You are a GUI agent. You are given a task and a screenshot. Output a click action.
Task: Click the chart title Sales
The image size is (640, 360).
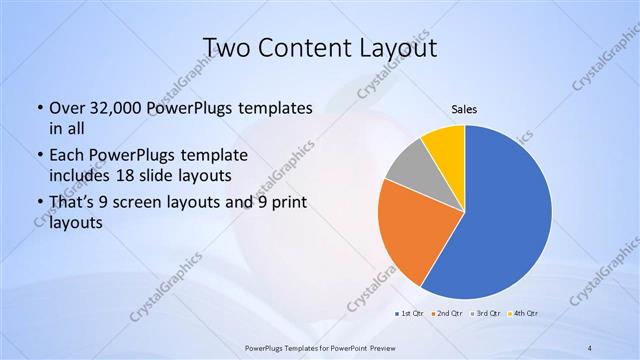(464, 109)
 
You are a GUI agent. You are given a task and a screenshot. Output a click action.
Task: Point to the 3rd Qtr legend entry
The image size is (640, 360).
(486, 314)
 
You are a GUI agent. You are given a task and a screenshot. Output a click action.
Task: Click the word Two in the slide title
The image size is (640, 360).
(224, 47)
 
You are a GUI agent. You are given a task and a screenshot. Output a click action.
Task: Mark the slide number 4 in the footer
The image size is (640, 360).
(590, 347)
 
